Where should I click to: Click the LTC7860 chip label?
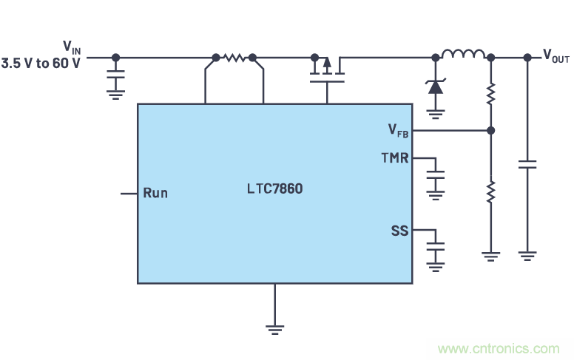coord(274,189)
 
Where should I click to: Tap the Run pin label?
coord(155,193)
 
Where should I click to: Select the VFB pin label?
coord(398,131)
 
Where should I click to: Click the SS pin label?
coord(399,231)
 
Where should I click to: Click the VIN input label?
coord(72,47)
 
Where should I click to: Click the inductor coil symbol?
coord(464,54)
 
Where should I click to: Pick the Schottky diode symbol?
coord(435,86)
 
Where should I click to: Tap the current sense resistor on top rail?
coord(234,57)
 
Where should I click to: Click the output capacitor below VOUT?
coord(527,165)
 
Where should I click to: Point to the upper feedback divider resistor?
coord(490,94)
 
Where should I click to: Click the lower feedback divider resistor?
coord(490,191)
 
